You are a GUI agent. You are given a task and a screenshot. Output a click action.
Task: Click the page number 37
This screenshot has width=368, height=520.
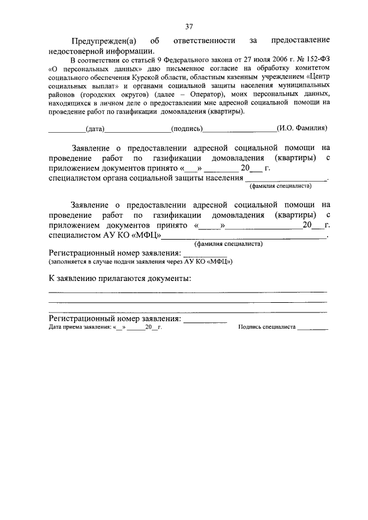click(x=189, y=26)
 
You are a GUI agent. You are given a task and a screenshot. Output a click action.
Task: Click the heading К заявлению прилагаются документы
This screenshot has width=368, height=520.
click(x=120, y=279)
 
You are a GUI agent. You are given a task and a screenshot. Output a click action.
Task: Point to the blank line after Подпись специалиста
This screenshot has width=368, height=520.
click(x=312, y=328)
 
